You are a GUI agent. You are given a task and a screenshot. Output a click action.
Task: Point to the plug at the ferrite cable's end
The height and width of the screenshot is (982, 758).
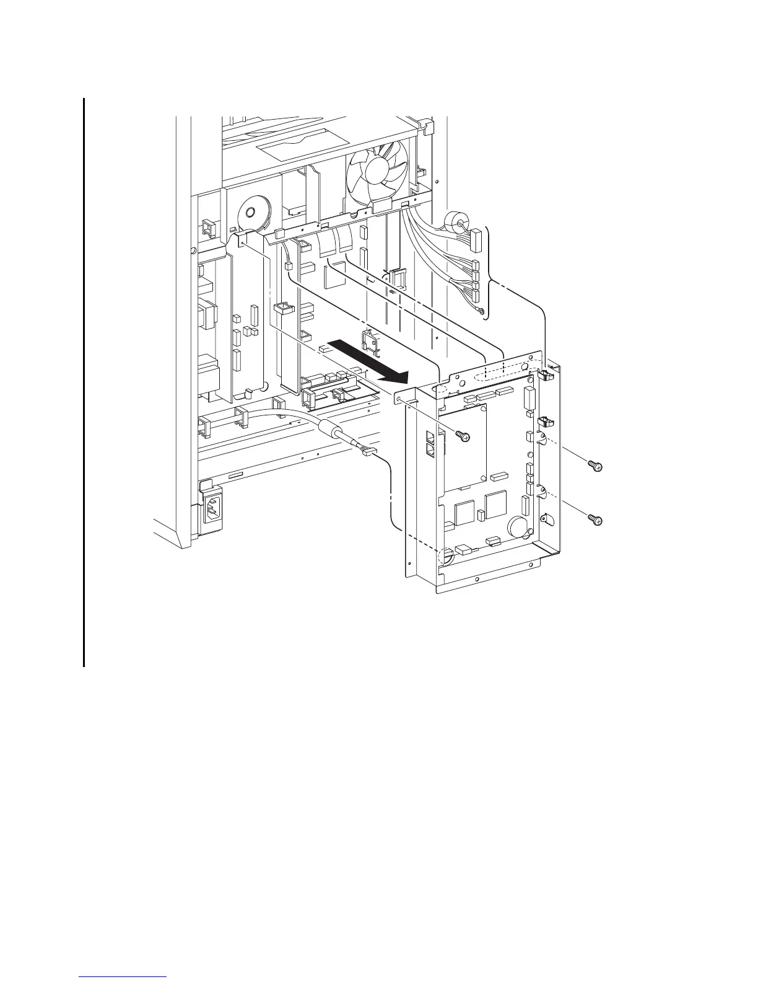(x=368, y=453)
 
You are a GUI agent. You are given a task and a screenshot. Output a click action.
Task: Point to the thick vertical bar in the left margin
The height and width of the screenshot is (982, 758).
(x=83, y=381)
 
